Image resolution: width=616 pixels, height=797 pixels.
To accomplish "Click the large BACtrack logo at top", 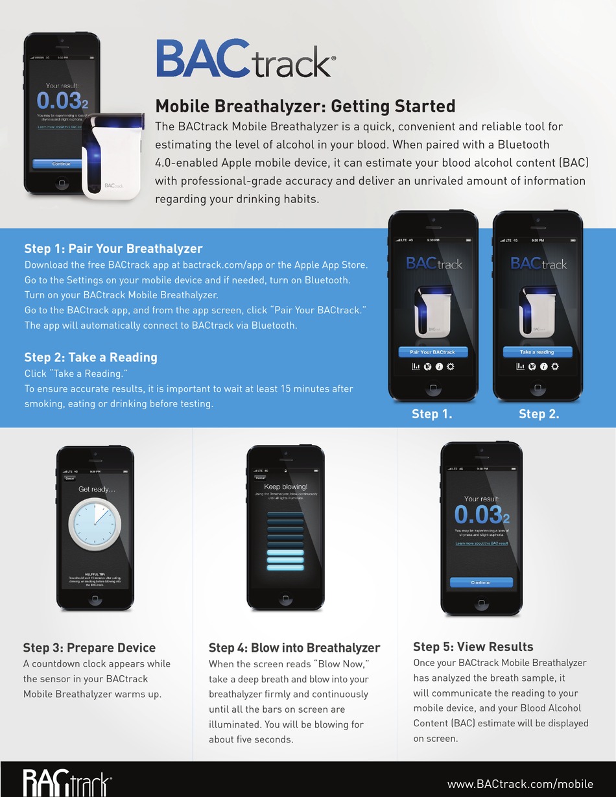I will pyautogui.click(x=245, y=59).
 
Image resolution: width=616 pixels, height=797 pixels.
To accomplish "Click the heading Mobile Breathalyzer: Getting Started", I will pyautogui.click(x=305, y=106).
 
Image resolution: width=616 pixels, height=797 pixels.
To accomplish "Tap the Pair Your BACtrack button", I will pyautogui.click(x=432, y=352).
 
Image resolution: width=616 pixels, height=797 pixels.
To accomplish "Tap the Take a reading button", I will pyautogui.click(x=537, y=352).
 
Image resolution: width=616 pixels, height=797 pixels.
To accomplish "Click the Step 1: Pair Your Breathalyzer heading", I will pyautogui.click(x=113, y=248).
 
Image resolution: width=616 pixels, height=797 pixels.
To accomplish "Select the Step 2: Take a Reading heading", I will pyautogui.click(x=91, y=357).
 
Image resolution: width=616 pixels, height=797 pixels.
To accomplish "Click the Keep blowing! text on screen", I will pyautogui.click(x=285, y=486).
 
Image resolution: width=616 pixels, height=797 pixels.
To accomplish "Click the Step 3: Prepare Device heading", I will pyautogui.click(x=89, y=648).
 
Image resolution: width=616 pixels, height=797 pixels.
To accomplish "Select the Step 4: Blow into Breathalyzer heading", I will pyautogui.click(x=294, y=648).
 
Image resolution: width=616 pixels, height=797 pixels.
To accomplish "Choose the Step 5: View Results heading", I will pyautogui.click(x=473, y=647).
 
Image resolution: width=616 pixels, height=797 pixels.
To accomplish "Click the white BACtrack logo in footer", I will pyautogui.click(x=67, y=783).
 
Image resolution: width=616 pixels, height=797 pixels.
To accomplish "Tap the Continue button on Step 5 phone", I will pyautogui.click(x=481, y=582).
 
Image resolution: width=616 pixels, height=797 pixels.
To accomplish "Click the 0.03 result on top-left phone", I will pyautogui.click(x=58, y=101).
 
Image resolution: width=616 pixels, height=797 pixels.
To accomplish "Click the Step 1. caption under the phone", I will pyautogui.click(x=432, y=414).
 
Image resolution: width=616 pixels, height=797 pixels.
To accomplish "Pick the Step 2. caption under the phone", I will pyautogui.click(x=539, y=414).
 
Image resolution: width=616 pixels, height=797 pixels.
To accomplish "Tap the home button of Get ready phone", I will pyautogui.click(x=95, y=599).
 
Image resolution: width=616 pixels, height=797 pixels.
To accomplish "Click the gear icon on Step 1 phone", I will pyautogui.click(x=451, y=366).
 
